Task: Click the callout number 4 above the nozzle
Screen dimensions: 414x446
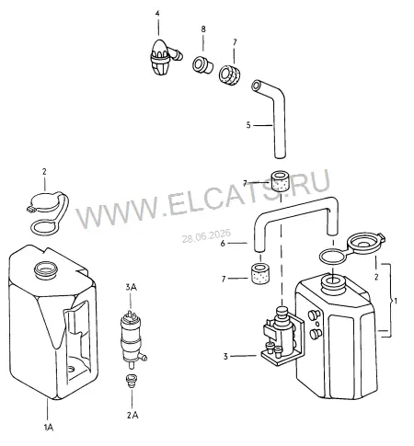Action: pos(157,14)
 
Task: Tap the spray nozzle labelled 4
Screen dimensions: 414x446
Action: pos(164,57)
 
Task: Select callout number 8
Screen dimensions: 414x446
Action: pos(203,29)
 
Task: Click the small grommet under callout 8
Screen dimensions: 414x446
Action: pos(202,64)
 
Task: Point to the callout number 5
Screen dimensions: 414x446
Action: pos(248,125)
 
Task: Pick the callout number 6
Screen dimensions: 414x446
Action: pos(223,244)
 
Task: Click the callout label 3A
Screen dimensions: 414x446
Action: pos(131,287)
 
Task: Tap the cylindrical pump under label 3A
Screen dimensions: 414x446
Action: pos(132,338)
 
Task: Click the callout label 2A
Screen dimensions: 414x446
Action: pos(132,416)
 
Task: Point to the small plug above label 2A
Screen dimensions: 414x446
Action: pos(132,381)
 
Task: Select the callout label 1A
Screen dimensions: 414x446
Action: pos(49,428)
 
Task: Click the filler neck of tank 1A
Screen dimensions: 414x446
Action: pos(46,269)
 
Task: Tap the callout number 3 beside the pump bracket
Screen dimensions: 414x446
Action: pos(225,357)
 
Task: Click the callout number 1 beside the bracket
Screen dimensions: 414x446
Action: pos(396,301)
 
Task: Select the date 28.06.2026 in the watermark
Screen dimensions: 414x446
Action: pos(206,236)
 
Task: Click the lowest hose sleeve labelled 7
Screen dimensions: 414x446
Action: pos(260,273)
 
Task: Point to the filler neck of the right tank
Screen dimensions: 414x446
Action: pos(333,282)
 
